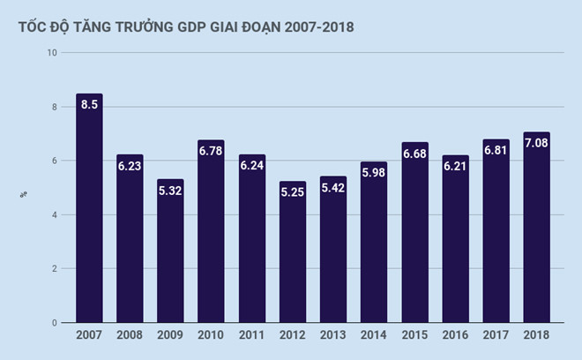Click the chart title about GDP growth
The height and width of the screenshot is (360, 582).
185,26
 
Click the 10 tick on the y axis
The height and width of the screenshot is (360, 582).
52,53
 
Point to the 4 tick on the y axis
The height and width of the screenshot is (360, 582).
55,214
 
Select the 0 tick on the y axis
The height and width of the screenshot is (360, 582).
55,323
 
